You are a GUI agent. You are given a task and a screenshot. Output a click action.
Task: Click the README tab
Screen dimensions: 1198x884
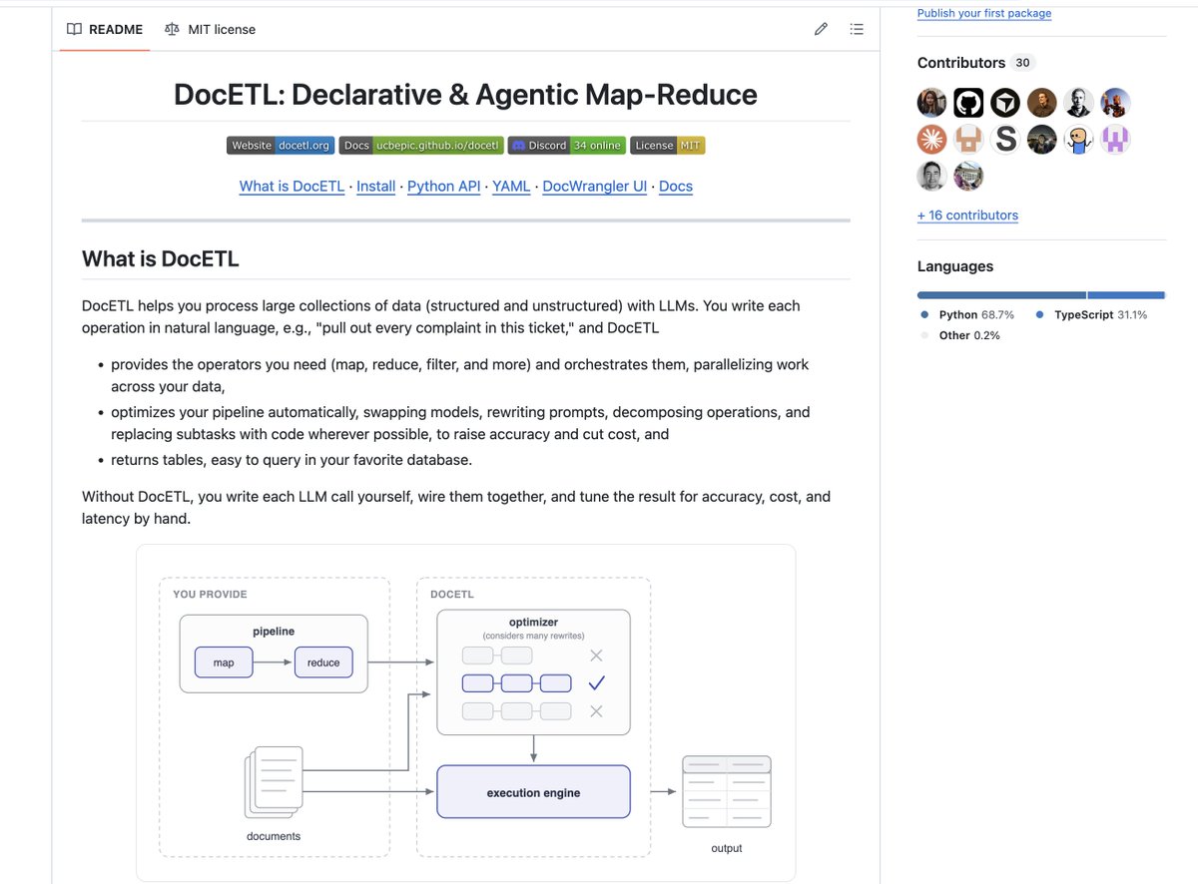coord(105,29)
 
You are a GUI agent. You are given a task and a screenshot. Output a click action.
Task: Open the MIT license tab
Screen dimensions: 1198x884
coord(210,29)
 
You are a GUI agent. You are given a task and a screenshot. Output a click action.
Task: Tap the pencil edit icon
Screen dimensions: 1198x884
coord(821,29)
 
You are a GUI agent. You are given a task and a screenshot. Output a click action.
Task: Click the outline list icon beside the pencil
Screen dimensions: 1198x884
coord(857,29)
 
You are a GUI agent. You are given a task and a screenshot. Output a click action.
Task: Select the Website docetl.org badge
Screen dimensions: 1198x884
coord(281,146)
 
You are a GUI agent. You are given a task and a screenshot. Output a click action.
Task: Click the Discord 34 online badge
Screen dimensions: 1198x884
coord(567,146)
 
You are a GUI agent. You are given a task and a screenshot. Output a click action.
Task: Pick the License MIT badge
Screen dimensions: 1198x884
coord(667,146)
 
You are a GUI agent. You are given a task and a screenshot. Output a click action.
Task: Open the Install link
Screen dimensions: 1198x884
coord(376,187)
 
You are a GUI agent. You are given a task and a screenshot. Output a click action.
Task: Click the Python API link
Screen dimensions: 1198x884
coord(443,187)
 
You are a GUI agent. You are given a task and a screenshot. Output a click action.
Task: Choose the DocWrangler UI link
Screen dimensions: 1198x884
coord(594,187)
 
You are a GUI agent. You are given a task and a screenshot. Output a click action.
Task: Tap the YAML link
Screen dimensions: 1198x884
coord(511,187)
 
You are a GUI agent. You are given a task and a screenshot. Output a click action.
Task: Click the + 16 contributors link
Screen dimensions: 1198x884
coord(967,215)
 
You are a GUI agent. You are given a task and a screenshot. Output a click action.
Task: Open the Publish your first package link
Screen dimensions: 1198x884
coord(984,13)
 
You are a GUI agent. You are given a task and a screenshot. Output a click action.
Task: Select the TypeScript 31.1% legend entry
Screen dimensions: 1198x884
coord(1091,315)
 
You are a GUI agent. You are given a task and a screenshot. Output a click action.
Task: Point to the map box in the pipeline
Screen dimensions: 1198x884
coord(224,663)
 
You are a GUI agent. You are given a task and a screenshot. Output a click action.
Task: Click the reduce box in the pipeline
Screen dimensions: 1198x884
coord(323,663)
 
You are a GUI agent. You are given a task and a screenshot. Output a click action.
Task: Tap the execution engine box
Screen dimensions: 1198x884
coord(533,791)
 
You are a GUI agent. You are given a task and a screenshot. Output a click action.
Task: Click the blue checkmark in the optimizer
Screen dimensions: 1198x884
coord(596,683)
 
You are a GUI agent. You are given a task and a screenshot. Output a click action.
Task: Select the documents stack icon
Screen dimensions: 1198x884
coord(274,782)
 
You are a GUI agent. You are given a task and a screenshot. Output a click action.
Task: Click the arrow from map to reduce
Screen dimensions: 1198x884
coord(273,663)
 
